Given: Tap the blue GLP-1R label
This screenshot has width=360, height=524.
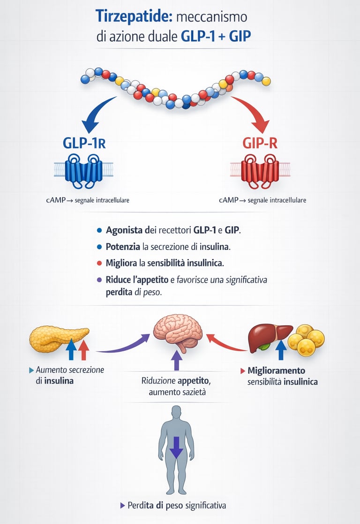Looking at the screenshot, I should click(x=84, y=143).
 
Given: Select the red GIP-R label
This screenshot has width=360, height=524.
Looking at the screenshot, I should click(x=260, y=143).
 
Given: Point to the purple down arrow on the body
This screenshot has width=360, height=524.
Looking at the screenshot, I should click(x=176, y=448).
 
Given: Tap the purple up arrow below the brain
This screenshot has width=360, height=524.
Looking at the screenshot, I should click(x=176, y=362).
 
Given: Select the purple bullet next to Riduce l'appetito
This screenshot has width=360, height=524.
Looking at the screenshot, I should click(x=99, y=280).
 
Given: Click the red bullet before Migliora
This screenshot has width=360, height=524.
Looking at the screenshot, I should click(x=99, y=263).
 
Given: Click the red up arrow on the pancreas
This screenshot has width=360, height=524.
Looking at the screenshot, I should click(x=83, y=350).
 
